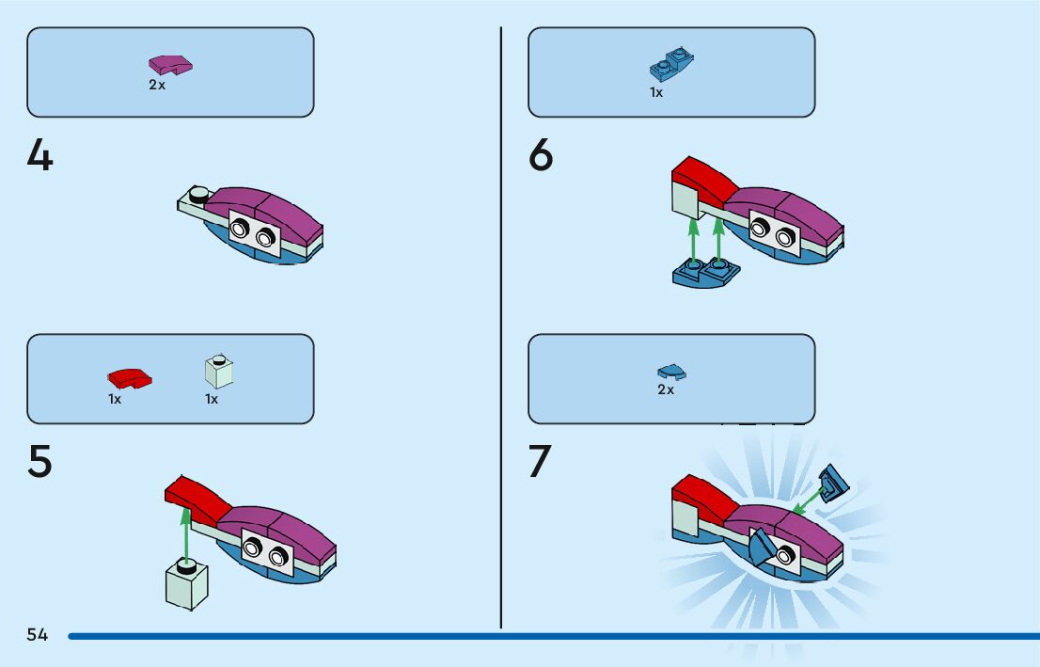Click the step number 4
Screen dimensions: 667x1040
40,155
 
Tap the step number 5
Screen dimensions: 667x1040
40,462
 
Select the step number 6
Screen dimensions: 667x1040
542,155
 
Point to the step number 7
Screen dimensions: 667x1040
540,462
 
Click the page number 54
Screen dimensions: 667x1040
38,635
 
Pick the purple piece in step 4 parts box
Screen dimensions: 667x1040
170,65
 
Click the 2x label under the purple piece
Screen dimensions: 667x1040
157,85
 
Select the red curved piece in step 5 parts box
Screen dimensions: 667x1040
130,378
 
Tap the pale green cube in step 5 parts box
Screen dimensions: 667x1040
218,373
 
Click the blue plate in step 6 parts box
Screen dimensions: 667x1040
671,66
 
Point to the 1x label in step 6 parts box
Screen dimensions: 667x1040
656,92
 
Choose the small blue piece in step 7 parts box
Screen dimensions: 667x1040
670,372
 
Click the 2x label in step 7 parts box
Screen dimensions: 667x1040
666,389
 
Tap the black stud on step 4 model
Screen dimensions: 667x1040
198,195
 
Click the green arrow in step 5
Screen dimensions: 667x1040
186,532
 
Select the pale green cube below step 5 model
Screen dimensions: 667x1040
186,583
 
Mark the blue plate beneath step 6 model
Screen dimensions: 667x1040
706,273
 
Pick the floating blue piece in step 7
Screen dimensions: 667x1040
833,483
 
